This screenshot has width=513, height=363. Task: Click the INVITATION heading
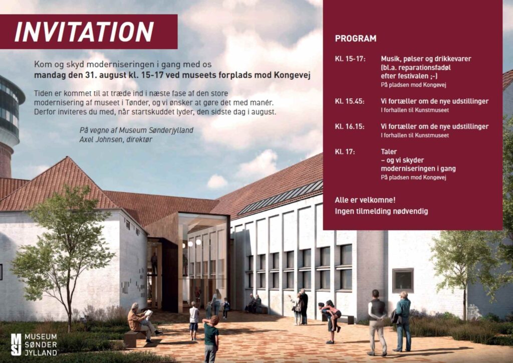pos(84,32)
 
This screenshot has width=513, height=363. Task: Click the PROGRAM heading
pos(356,39)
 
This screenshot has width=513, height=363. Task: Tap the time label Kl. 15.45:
pos(349,101)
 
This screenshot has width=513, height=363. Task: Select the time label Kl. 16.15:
pos(349,127)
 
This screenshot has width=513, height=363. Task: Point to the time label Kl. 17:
pos(345,152)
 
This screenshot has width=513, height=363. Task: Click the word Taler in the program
pos(389,152)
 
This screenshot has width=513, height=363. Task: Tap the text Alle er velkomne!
pos(365,200)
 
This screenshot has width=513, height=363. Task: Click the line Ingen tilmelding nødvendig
pos(381,212)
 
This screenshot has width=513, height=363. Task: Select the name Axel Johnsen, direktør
pos(116,139)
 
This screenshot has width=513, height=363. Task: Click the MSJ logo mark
pos(16,344)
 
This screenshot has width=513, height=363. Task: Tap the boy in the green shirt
pos(211,339)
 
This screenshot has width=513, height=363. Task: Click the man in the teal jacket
pos(403,321)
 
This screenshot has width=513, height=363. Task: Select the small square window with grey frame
pos(403,280)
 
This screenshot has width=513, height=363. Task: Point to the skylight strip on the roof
pos(280,198)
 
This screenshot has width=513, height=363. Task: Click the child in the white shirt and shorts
pos(194,321)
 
